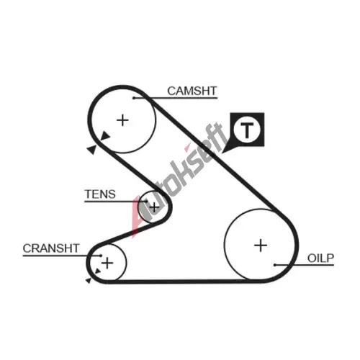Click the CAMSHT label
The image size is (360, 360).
(x=192, y=91)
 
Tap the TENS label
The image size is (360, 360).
(x=100, y=194)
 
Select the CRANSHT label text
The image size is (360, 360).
(x=51, y=248)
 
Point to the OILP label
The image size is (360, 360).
(x=320, y=258)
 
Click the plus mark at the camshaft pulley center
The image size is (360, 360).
(x=122, y=120)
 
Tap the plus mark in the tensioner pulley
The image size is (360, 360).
(x=154, y=207)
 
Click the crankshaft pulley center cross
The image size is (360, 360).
(x=107, y=264)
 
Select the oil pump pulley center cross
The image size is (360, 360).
(x=261, y=246)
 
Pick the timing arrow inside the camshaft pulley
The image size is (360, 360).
(x=105, y=136)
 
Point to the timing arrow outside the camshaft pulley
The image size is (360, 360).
(x=91, y=150)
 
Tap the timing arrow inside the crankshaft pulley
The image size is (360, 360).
(x=98, y=271)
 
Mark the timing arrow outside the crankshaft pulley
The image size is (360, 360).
(x=89, y=280)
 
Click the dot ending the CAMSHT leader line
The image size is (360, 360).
(x=134, y=98)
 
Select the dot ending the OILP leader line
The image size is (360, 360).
(x=275, y=265)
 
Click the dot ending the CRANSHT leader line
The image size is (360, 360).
(x=101, y=256)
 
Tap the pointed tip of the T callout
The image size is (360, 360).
(x=222, y=153)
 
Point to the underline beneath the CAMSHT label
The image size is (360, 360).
(x=176, y=98)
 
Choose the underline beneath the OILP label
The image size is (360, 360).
(x=305, y=265)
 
